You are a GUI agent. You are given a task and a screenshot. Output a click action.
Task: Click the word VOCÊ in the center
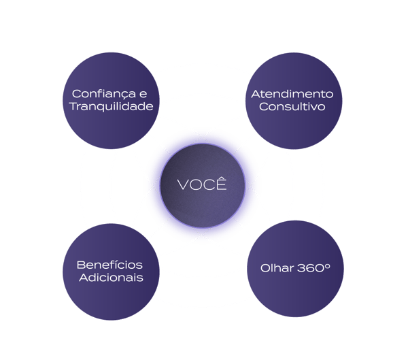pos(201,184)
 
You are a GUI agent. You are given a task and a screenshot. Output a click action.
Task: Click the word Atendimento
pos(292,93)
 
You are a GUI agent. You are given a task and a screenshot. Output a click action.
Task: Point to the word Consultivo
pos(292,107)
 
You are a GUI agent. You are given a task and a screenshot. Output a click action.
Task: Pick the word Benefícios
pos(110,264)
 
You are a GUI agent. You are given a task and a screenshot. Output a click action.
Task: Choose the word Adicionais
pos(110,278)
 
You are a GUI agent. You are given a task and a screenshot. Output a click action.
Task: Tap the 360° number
pos(313,267)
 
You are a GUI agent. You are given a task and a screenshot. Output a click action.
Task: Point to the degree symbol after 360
pos(327,264)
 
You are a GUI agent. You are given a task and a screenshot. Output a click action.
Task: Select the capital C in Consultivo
pos(265,107)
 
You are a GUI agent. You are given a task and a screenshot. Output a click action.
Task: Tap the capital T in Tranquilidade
pos(73,107)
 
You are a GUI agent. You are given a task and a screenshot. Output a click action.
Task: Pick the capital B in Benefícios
pos(81,264)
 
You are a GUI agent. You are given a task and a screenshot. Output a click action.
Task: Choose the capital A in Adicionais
pos(83,278)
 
